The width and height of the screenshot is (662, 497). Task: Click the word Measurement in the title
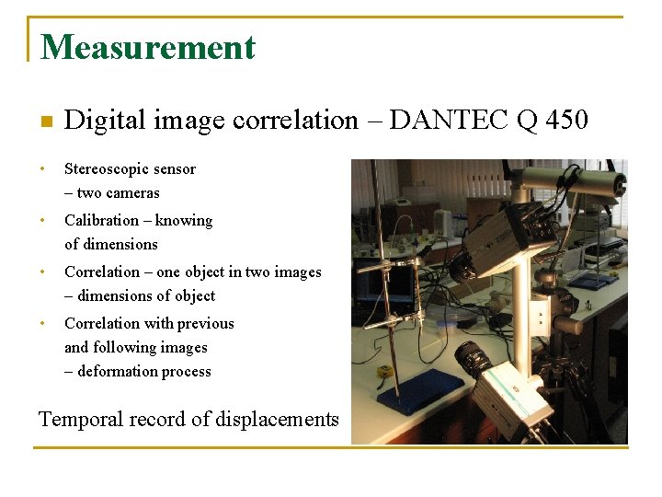(x=148, y=47)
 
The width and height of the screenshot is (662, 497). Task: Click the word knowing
(x=184, y=221)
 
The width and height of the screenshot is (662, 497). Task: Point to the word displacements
(x=277, y=420)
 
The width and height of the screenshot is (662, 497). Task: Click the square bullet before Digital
(x=46, y=121)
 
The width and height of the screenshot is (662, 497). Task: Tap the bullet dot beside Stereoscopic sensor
(x=42, y=170)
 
